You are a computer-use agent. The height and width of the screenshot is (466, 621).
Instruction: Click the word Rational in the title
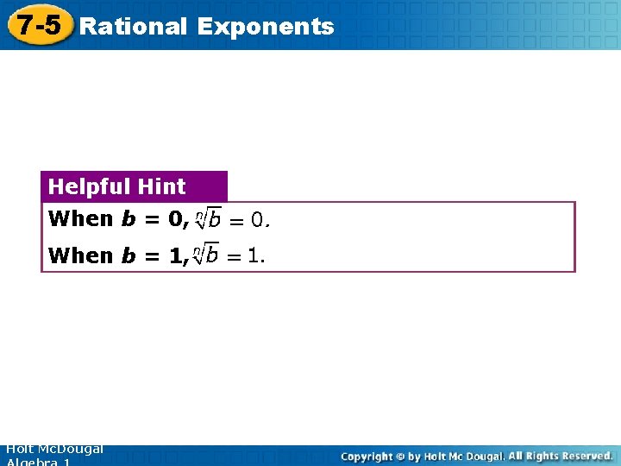[132, 27]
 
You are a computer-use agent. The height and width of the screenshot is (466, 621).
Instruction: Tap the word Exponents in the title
[265, 27]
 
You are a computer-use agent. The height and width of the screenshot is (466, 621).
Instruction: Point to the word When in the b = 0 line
[81, 219]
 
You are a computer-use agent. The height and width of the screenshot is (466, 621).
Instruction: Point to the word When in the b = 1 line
[81, 255]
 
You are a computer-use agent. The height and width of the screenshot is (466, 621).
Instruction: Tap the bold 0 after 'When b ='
[175, 219]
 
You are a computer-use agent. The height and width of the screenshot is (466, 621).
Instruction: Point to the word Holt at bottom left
[19, 450]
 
